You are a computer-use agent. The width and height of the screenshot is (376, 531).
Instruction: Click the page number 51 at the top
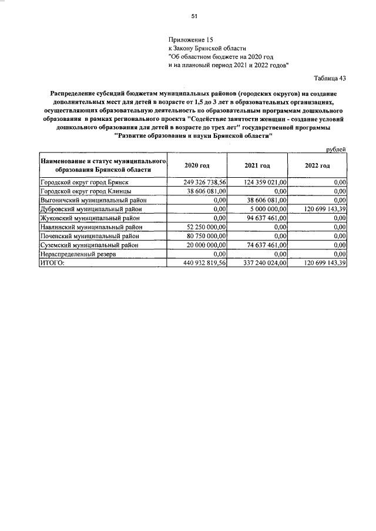point(194,16)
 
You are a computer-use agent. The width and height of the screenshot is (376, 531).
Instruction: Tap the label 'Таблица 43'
point(331,78)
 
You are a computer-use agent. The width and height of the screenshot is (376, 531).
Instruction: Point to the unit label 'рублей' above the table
point(335,150)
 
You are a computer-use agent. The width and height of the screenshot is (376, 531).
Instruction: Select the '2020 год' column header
point(197,165)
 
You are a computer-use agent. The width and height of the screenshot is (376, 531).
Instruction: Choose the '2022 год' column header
point(317,165)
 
